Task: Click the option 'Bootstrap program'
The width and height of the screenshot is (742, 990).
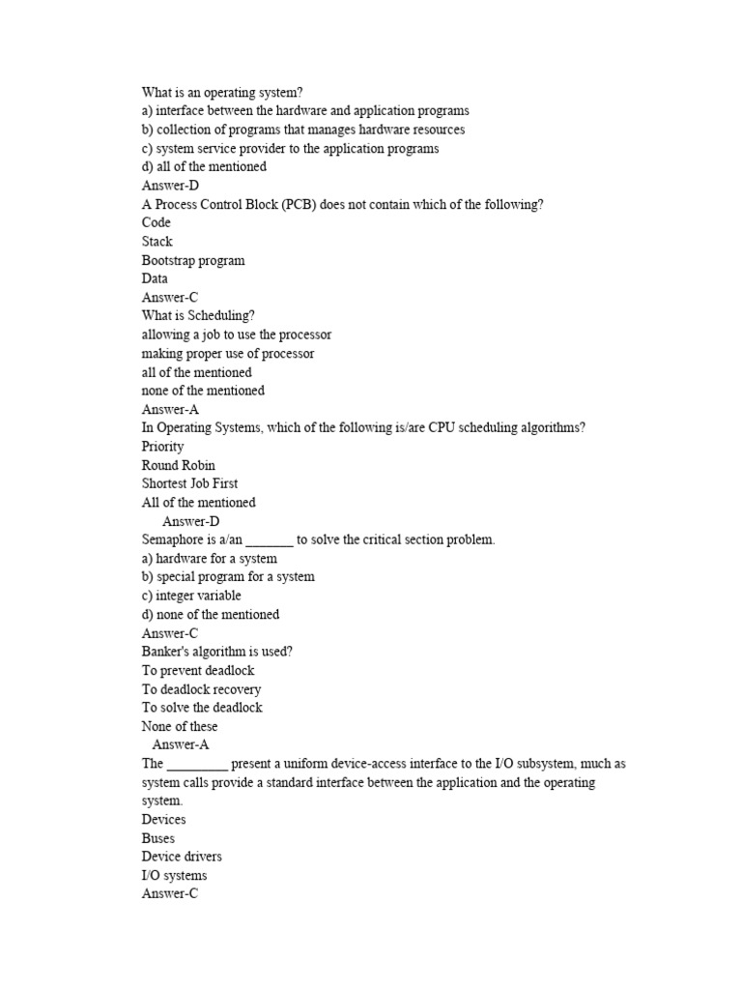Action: pyautogui.click(x=193, y=260)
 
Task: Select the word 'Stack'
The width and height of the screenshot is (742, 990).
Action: pyautogui.click(x=157, y=242)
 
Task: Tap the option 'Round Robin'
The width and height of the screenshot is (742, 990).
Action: pyautogui.click(x=179, y=465)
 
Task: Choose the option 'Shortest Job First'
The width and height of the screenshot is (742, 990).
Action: pyautogui.click(x=190, y=483)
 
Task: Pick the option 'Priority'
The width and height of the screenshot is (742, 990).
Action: pyautogui.click(x=162, y=447)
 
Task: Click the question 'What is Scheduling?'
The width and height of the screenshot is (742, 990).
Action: pyautogui.click(x=199, y=315)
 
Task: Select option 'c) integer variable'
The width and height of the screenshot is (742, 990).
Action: pyautogui.click(x=191, y=596)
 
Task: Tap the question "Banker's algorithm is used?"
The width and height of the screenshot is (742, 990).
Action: pyautogui.click(x=217, y=652)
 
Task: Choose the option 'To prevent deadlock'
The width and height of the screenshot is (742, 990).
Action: pyautogui.click(x=198, y=670)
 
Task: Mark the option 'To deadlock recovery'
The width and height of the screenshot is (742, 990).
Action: pyautogui.click(x=201, y=689)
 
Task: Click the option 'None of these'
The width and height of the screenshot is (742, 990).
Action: pyautogui.click(x=180, y=726)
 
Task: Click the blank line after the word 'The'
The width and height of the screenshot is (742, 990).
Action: pyautogui.click(x=197, y=764)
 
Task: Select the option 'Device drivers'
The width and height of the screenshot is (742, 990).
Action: pyautogui.click(x=182, y=857)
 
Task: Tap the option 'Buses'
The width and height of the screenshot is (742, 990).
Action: pyautogui.click(x=158, y=838)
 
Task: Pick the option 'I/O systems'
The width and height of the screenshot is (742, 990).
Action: pyautogui.click(x=175, y=876)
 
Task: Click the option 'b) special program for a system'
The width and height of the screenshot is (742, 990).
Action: pyautogui.click(x=228, y=577)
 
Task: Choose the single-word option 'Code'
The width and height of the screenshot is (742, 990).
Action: pyautogui.click(x=157, y=222)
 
